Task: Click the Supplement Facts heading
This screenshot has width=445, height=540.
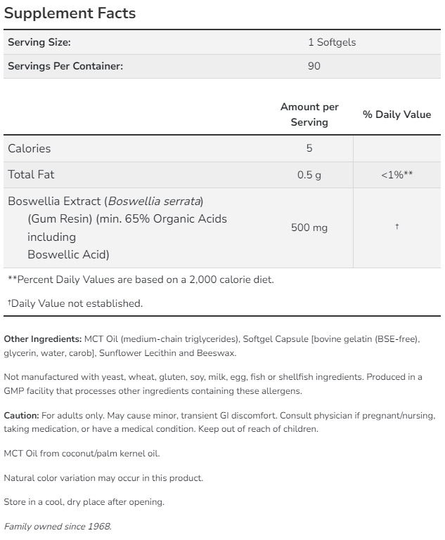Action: (70, 13)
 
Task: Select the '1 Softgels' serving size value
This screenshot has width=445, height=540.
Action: (332, 42)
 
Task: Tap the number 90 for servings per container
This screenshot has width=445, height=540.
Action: (314, 67)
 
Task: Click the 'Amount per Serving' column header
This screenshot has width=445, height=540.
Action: (309, 114)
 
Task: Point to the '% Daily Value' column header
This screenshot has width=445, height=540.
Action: (396, 114)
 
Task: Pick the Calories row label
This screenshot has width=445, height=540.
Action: (30, 148)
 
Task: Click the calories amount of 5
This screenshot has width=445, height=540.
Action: (309, 148)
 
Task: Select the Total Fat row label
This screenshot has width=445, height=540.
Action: (31, 174)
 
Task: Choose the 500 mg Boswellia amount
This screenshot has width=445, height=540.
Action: (309, 228)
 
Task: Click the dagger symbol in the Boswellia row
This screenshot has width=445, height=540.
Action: (396, 227)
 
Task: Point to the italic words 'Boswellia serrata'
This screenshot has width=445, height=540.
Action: (154, 201)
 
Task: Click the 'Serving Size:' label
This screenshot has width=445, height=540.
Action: (39, 42)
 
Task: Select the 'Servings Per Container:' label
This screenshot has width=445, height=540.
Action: (65, 67)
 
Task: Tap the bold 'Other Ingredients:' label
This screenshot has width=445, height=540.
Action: (43, 339)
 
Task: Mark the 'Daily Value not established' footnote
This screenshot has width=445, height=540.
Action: (76, 303)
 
